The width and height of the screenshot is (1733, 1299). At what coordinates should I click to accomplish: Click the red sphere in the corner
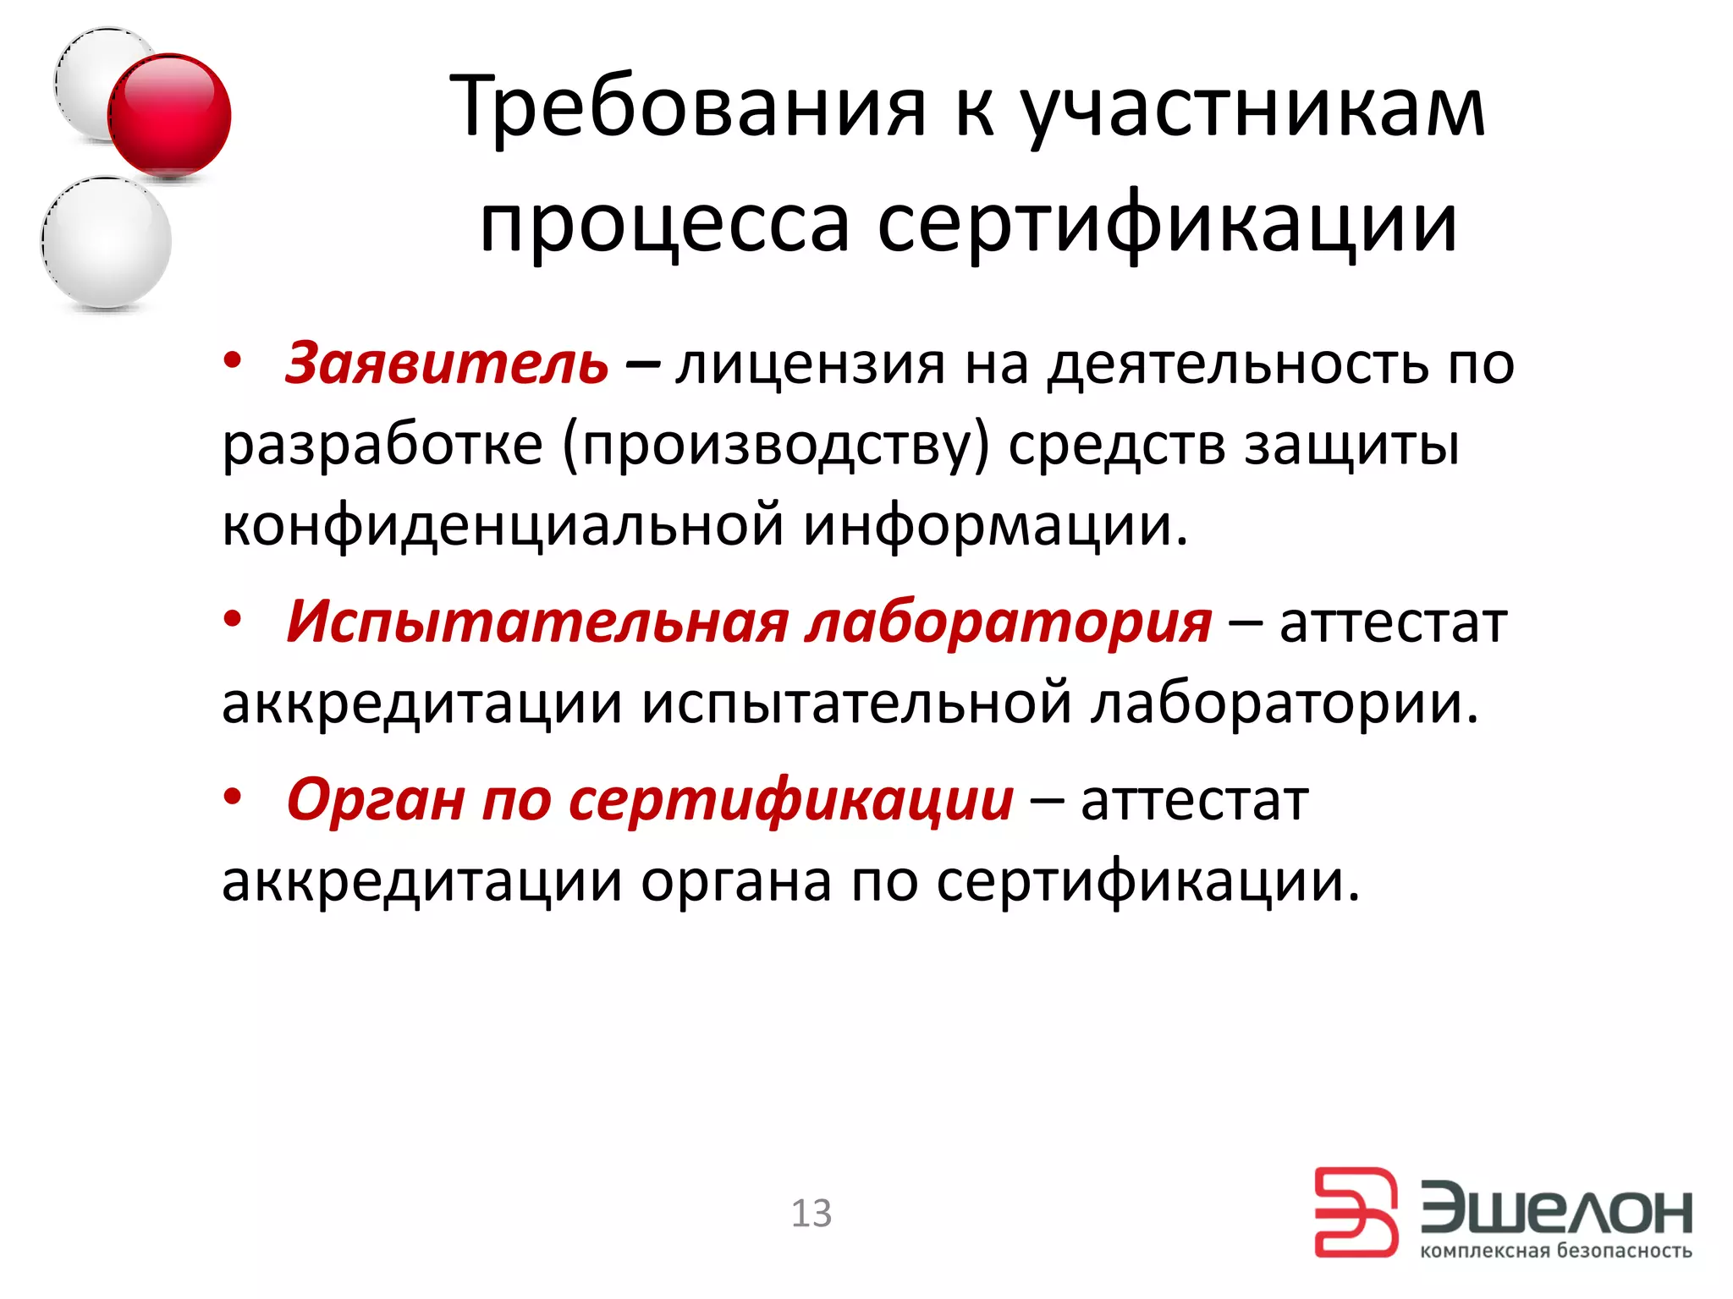169,115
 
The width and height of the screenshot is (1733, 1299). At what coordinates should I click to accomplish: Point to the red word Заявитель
447,364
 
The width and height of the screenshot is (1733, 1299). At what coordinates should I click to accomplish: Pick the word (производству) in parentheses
775,446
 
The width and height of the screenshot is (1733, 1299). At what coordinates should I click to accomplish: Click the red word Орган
376,799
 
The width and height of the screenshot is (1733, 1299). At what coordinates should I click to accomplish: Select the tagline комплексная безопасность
1555,1251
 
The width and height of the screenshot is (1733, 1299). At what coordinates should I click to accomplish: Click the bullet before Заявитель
233,362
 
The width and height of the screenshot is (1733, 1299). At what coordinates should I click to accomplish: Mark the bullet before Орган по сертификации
233,796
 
